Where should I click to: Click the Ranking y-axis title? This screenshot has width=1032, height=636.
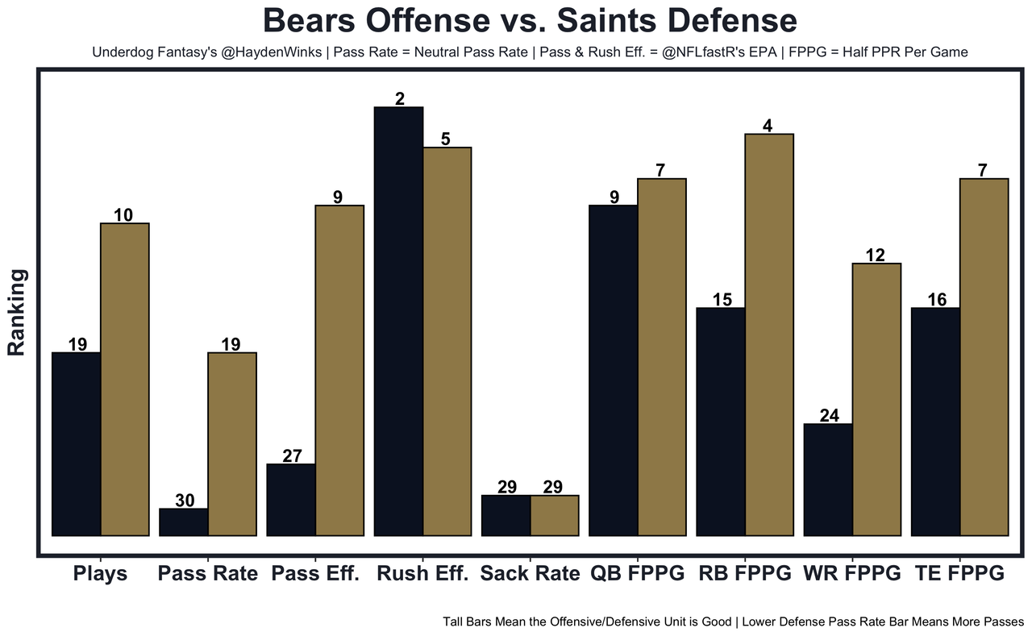pyautogui.click(x=18, y=313)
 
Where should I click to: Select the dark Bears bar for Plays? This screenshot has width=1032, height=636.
pyautogui.click(x=76, y=443)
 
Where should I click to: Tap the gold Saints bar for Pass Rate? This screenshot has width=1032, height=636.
pyautogui.click(x=232, y=443)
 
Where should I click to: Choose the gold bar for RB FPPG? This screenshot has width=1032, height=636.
pyautogui.click(x=769, y=334)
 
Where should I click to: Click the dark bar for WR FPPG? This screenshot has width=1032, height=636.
pyautogui.click(x=828, y=479)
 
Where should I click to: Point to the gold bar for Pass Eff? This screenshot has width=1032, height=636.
pyautogui.click(x=339, y=370)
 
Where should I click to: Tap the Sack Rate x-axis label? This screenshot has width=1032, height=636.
pyautogui.click(x=530, y=574)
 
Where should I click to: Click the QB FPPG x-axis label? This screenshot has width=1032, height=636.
pyautogui.click(x=637, y=574)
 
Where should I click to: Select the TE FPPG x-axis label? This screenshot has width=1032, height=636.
pyautogui.click(x=959, y=574)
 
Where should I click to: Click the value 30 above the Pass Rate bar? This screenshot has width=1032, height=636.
pyautogui.click(x=185, y=501)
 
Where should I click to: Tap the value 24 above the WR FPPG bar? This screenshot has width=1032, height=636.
pyautogui.click(x=829, y=416)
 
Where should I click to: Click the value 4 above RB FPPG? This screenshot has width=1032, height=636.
pyautogui.click(x=768, y=126)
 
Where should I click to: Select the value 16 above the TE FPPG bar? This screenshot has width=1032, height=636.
pyautogui.click(x=936, y=300)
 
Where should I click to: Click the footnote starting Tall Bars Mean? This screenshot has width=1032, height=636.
pyautogui.click(x=733, y=622)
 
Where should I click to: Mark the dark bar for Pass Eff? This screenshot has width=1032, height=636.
pyautogui.click(x=291, y=499)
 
